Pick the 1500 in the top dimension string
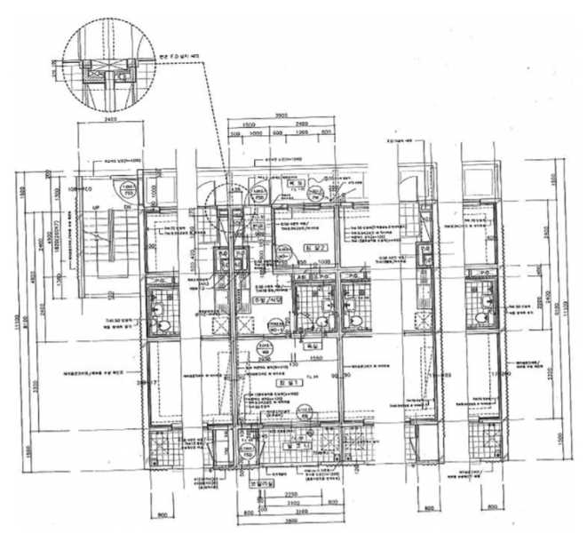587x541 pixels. [x=249, y=124]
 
